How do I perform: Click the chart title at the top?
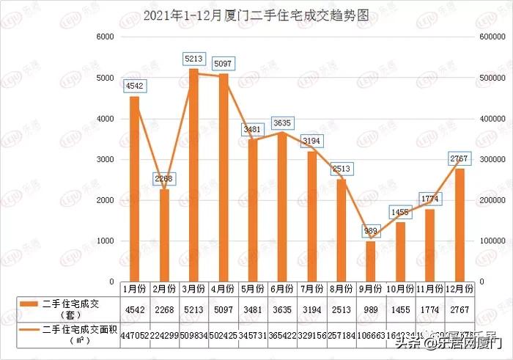pos(256,14)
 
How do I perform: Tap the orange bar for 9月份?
pos(370,261)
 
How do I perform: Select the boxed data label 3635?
pos(282,123)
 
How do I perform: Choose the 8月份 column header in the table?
pos(342,288)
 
